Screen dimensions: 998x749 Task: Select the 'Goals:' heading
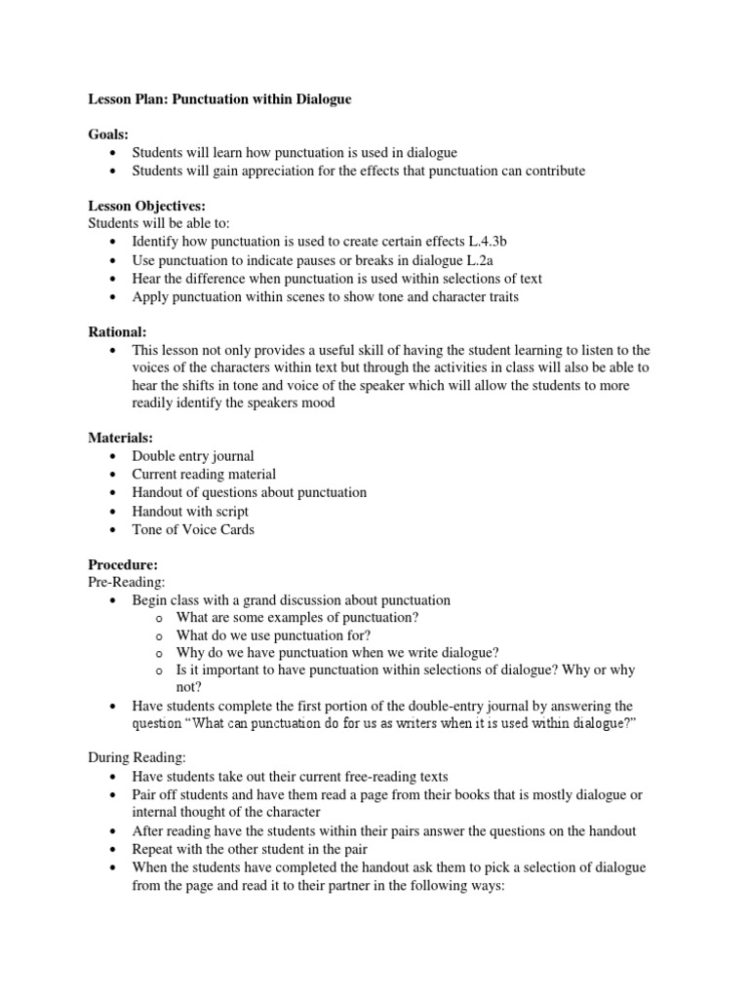[107, 135]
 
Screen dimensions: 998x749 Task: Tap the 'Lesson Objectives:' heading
[147, 207]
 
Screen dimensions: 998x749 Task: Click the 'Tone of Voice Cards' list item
[193, 529]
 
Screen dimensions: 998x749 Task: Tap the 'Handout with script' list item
[190, 511]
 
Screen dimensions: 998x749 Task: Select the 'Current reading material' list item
[204, 475]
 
